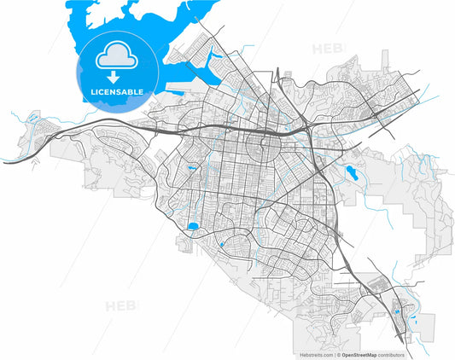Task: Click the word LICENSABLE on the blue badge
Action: pyautogui.click(x=119, y=91)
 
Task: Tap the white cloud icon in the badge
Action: pyautogui.click(x=119, y=58)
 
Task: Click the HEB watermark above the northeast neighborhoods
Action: pyautogui.click(x=327, y=49)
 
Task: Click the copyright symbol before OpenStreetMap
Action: pyautogui.click(x=337, y=353)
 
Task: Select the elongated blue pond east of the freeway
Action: pyautogui.click(x=349, y=173)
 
